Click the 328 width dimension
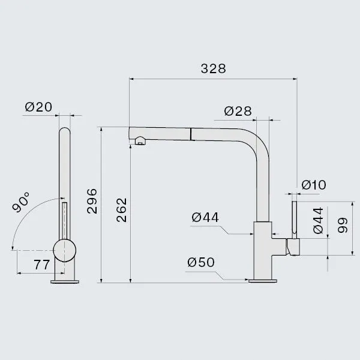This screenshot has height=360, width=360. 213,68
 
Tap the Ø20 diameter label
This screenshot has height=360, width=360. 38,107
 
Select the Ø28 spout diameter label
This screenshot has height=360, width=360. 238,111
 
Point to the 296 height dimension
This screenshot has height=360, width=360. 92,201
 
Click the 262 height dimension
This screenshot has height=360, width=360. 121,210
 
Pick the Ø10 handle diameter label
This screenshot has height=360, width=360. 314,185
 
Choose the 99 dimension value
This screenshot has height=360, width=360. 343,225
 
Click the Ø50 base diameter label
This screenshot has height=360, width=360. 201,262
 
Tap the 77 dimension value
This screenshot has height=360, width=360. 42,265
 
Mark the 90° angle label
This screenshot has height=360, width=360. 21,202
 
